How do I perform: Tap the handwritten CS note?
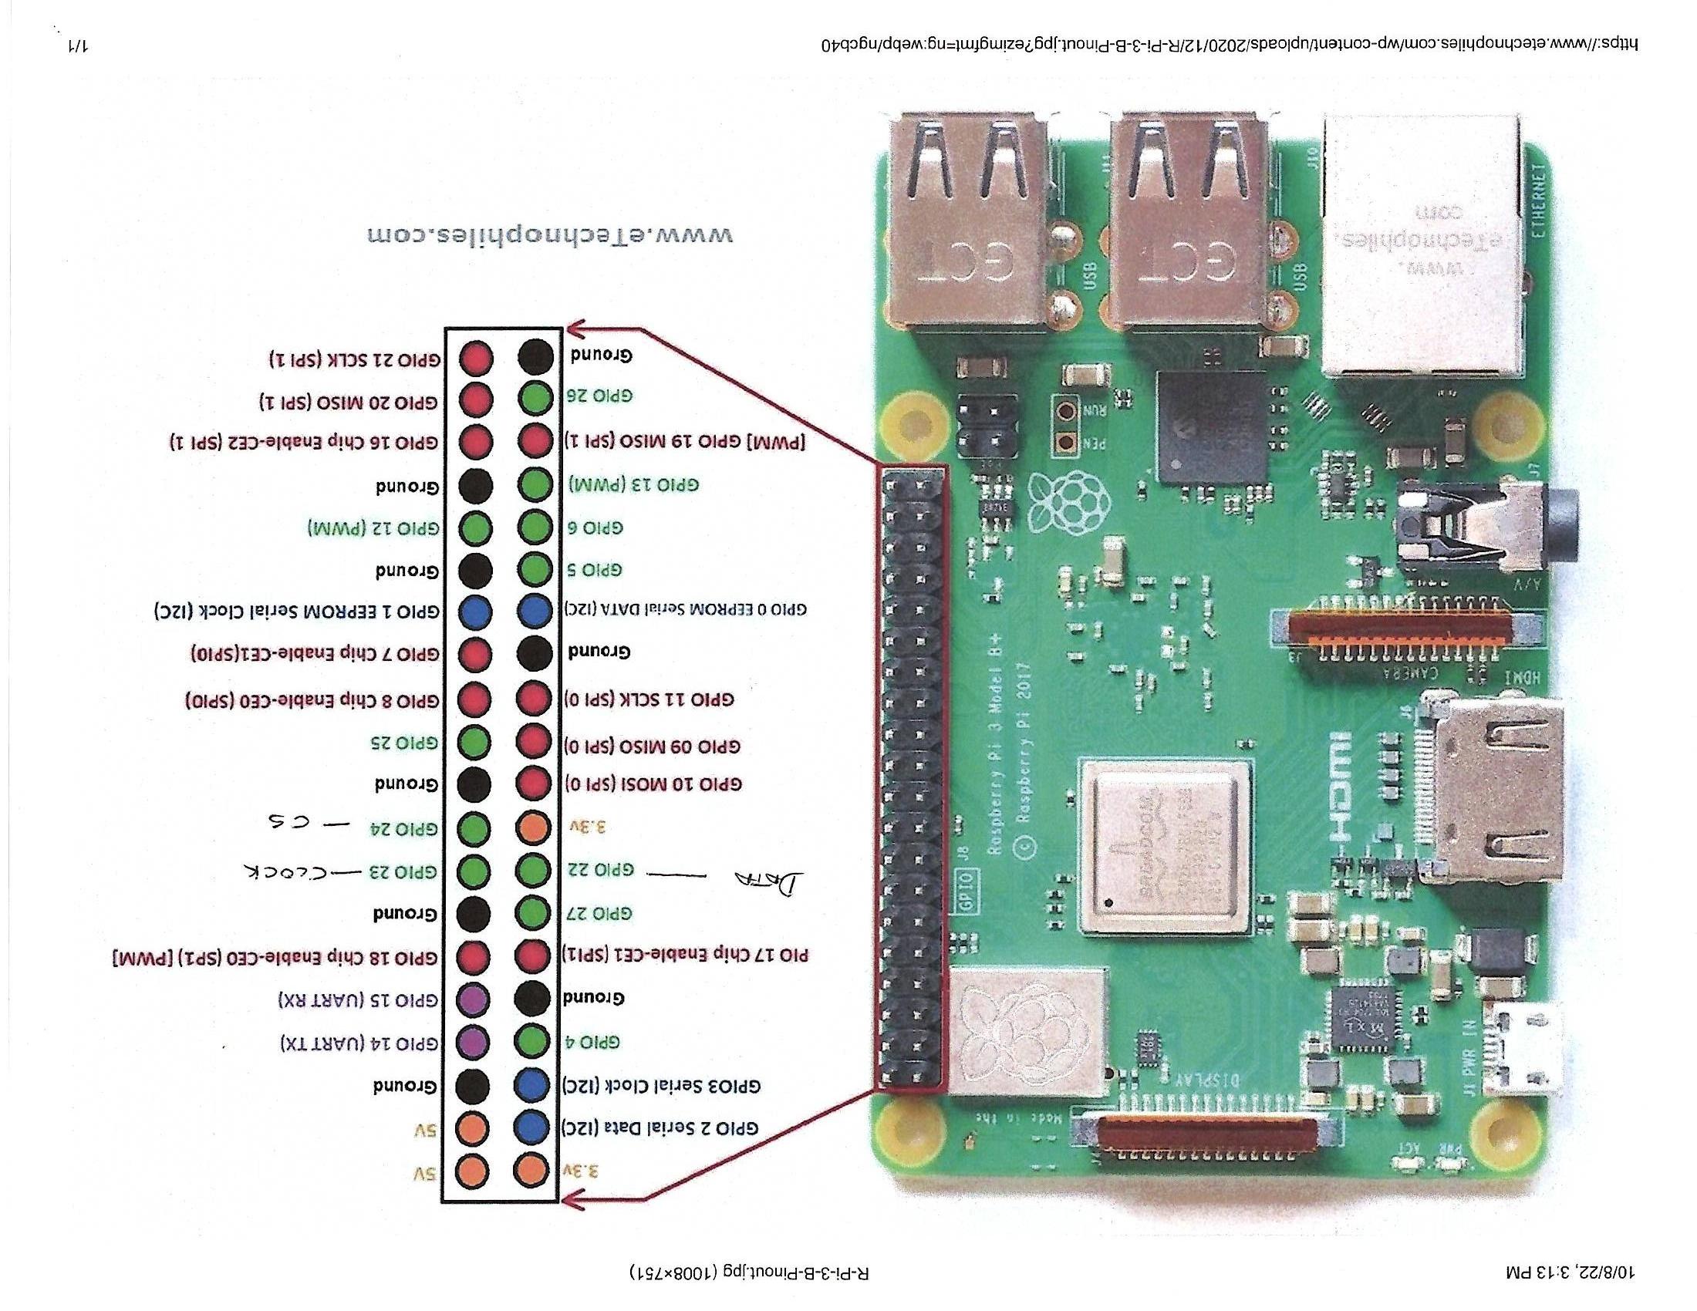click(287, 821)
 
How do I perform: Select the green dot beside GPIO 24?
click(473, 828)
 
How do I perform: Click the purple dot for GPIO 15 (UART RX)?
click(473, 999)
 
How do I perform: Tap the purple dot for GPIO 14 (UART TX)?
click(473, 1042)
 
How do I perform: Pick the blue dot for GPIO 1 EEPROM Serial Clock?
click(474, 612)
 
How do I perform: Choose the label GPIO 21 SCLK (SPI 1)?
click(355, 359)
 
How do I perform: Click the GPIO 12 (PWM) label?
click(374, 529)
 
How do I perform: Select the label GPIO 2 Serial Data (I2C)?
click(660, 1127)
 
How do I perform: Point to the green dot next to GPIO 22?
click(533, 870)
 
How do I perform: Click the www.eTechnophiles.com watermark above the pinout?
click(549, 234)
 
